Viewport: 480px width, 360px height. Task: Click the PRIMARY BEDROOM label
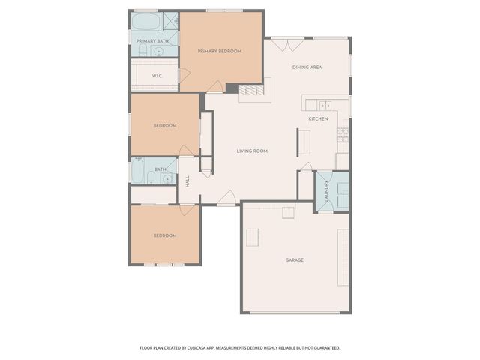(x=220, y=51)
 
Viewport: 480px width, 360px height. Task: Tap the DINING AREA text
(x=307, y=67)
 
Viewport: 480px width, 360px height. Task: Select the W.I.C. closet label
(x=157, y=76)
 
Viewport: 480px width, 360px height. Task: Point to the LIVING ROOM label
(x=252, y=151)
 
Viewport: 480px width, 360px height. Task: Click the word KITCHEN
(x=318, y=119)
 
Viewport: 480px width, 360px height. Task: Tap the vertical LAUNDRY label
(x=327, y=190)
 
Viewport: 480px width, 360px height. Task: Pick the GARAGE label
(x=294, y=260)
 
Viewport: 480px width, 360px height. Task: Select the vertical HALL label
(x=187, y=181)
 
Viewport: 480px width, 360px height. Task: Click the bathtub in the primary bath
(x=145, y=21)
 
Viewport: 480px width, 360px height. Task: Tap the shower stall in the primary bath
(x=170, y=20)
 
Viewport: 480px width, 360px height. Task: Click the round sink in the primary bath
(x=158, y=51)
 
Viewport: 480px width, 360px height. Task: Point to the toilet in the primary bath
(x=141, y=50)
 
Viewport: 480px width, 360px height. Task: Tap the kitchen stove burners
(x=343, y=134)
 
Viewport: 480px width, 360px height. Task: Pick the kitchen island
(x=304, y=141)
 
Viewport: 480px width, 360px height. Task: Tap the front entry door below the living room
(x=228, y=199)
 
